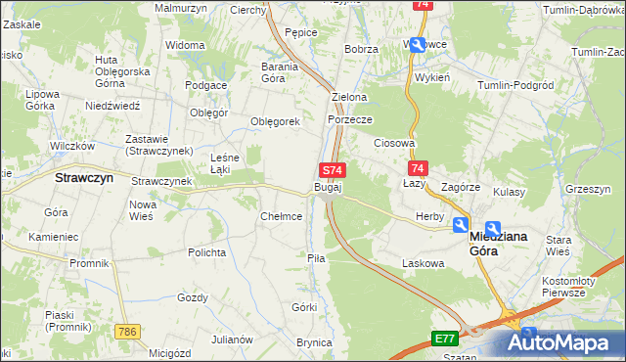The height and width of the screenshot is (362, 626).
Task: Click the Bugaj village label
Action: pos(328,186)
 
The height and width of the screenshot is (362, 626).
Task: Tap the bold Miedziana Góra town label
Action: pos(499,243)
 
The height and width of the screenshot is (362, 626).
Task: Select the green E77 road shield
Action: pos(445,339)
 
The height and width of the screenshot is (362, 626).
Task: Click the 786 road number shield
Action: pos(124,334)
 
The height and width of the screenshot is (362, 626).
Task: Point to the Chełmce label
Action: pos(281,216)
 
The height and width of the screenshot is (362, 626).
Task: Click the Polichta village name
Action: pos(207,251)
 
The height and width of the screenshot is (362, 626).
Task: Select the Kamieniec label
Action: pos(53,237)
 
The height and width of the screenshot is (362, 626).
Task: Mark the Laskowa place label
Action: pos(424,263)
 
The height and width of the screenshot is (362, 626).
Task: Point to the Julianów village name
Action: pos(233,339)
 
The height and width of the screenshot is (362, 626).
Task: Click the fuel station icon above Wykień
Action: pos(418,44)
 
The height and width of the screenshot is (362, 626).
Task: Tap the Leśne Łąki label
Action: pos(226,162)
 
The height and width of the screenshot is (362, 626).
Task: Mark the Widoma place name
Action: pos(185,45)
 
